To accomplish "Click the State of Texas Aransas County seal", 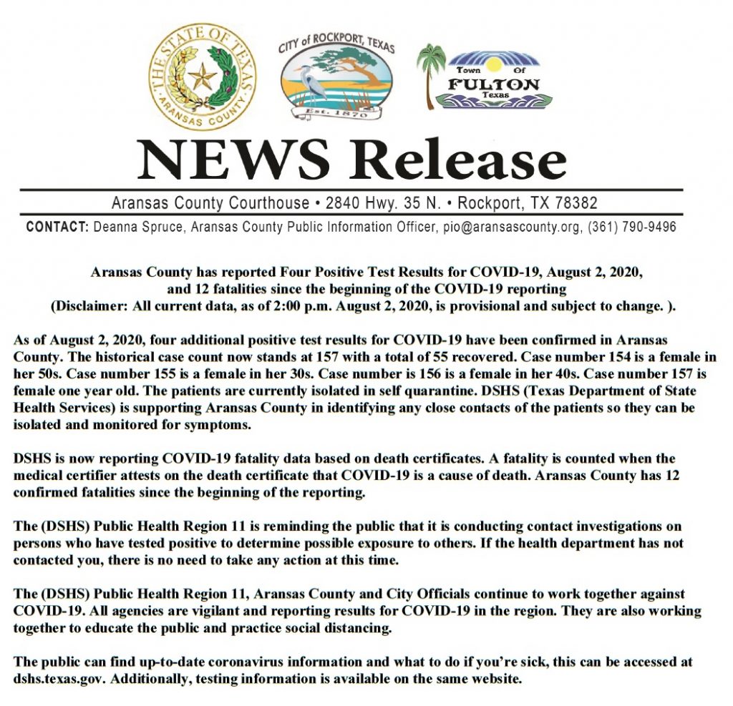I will click(203, 77).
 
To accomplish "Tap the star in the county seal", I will click(202, 76).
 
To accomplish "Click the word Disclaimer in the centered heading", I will click(89, 306).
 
